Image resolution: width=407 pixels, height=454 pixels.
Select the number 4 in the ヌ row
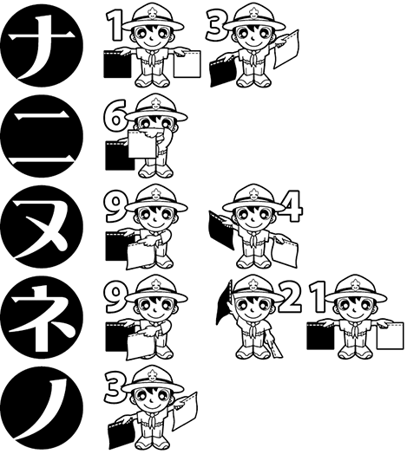click(x=292, y=204)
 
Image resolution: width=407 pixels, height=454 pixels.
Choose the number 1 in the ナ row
click(x=113, y=26)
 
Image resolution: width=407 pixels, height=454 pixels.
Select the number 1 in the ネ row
click(x=317, y=295)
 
